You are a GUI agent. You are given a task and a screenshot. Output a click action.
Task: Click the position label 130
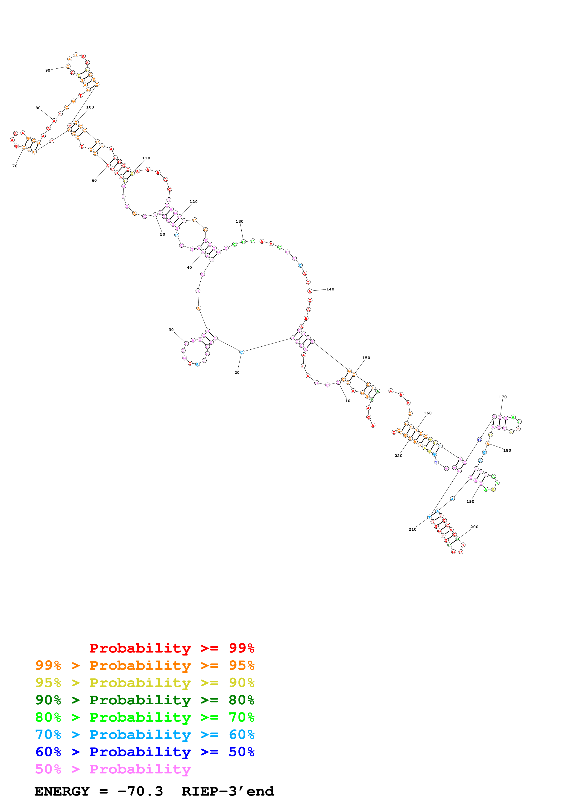pos(239,221)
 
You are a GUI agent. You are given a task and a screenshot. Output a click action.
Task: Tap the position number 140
pos(330,289)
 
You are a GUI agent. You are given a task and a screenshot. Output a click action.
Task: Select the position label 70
pos(15,166)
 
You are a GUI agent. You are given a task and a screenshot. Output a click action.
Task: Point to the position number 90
pos(47,70)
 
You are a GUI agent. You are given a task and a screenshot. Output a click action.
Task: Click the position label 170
pos(502,397)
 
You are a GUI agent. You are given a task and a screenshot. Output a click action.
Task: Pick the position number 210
pos(412,529)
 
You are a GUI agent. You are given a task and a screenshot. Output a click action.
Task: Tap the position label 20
pos(237,372)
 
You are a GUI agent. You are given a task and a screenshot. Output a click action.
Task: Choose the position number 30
pos(171,330)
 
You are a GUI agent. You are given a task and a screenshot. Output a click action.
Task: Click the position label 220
pos(398,456)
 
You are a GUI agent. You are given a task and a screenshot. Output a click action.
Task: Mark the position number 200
pos(474,527)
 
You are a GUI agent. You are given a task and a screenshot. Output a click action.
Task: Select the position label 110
pos(146,158)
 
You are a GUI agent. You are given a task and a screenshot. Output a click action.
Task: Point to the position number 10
pos(348,401)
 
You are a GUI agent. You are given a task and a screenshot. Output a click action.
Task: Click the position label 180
pos(507,451)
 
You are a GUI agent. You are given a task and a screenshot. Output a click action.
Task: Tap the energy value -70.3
pos(140,791)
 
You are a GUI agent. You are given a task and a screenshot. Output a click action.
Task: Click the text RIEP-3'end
pos(228,791)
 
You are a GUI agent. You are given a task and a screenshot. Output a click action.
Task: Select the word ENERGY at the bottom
pos(62,791)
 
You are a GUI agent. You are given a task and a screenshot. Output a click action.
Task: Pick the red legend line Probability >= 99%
pos(172,648)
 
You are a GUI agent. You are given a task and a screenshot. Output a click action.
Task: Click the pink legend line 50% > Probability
pos(113,769)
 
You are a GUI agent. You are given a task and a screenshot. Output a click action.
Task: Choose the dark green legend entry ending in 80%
pos(145,700)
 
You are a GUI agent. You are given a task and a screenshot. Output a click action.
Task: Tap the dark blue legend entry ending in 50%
pos(145,752)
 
